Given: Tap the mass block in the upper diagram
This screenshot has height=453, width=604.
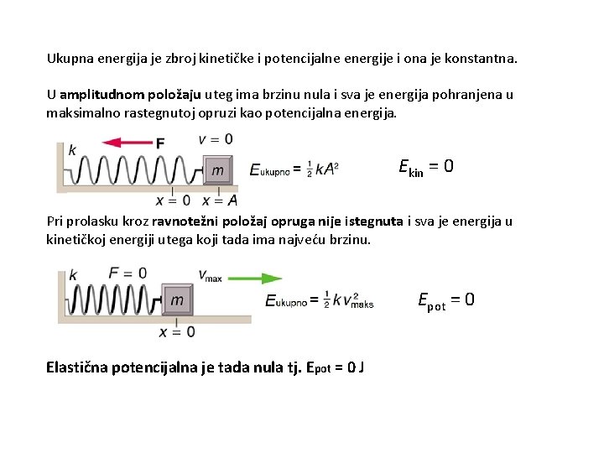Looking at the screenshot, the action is click(x=218, y=170).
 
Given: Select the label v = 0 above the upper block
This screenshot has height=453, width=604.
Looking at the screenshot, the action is click(x=216, y=138).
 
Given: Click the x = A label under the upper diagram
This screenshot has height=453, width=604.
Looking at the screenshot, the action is click(x=220, y=200).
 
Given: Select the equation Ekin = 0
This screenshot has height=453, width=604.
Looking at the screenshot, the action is click(x=425, y=166).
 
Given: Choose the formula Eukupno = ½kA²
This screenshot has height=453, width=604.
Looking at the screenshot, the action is click(x=294, y=169).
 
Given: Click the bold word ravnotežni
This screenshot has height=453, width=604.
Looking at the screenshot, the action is click(x=181, y=222).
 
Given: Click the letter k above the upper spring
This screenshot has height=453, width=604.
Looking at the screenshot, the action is click(x=72, y=150).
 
